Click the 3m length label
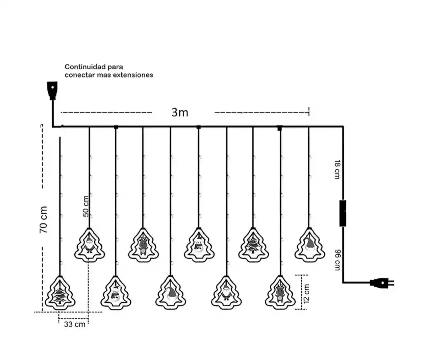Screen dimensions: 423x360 [180, 112]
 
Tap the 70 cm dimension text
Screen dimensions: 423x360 [44, 220]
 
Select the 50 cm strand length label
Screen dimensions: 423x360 [86, 206]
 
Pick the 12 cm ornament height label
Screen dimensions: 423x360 [306, 293]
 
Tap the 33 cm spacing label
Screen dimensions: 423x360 [74, 324]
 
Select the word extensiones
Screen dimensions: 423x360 [133, 75]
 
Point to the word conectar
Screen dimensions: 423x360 [79, 75]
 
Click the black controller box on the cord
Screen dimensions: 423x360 [342, 213]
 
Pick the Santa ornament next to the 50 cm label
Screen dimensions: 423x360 [90, 245]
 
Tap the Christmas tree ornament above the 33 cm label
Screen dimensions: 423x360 [60, 292]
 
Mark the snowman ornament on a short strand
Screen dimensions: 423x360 [199, 245]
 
